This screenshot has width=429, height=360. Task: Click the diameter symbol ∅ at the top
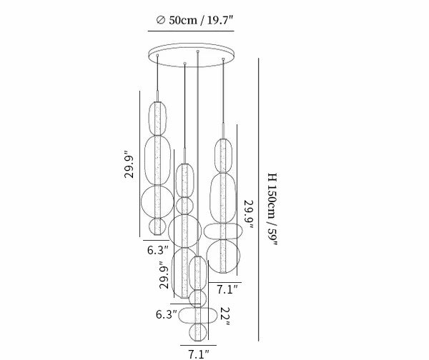coord(161,20)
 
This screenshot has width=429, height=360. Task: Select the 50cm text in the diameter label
coord(183,20)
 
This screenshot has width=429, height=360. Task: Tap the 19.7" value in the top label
coord(220,20)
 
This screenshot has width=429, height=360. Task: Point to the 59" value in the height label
coord(272,237)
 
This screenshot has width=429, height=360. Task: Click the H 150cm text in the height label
coord(272,196)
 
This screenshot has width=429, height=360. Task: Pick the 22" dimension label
coord(225,316)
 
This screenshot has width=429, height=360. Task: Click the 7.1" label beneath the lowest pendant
coord(199,354)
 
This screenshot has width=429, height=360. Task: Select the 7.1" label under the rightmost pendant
coord(227,289)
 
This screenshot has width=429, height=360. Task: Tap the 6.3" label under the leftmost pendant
coord(158,250)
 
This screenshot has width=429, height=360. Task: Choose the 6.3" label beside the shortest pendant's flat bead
coord(167,314)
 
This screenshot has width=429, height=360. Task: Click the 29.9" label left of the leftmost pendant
coord(129,164)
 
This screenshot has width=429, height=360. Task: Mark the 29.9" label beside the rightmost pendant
coord(248,214)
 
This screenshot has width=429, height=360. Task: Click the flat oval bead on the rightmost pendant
coord(223,231)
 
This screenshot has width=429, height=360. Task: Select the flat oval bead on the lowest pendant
coord(198,315)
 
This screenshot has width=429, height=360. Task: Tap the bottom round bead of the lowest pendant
coord(198,332)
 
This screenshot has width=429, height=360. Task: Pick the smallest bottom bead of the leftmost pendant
coord(157,226)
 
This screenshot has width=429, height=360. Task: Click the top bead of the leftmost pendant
coord(157,119)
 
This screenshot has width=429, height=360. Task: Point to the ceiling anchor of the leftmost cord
coord(157,55)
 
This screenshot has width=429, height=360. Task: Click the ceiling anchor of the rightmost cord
coord(223,59)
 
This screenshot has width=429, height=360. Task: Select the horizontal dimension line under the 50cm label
coord(191,31)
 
